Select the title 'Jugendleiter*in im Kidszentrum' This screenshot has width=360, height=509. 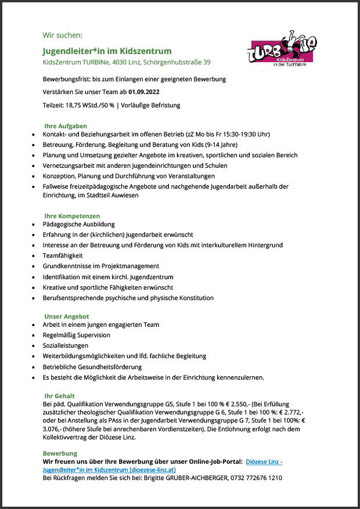tap(107, 51)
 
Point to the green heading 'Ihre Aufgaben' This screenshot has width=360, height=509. tap(66, 126)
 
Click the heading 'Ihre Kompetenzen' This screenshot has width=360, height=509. tap(72, 216)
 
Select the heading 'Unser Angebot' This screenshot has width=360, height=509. tap(66, 316)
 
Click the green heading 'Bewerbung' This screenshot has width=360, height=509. tap(60, 453)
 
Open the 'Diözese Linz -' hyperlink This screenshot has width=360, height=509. tap(264, 461)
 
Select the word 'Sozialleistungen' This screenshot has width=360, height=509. tap(66, 345)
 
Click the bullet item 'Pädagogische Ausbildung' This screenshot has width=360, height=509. tap(79, 224)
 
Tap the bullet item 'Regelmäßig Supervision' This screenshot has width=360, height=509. tap(77, 335)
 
